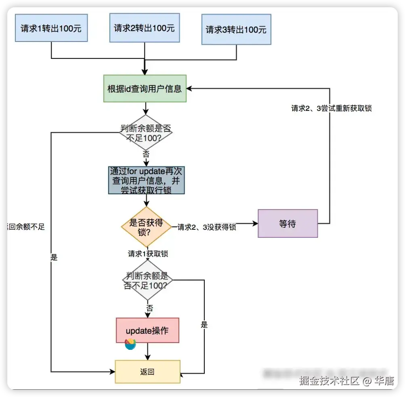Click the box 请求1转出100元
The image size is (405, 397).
pos(51,28)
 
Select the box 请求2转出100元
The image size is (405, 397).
pos(145,28)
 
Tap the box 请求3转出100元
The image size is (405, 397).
pos(236,30)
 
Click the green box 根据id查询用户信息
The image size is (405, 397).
pos(145,88)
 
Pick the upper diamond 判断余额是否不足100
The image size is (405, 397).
pos(145,133)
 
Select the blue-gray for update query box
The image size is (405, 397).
pos(147,180)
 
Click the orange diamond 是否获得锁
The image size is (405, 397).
pos(147,227)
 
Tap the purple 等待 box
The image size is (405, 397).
pos(287,224)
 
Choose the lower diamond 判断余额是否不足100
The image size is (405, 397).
pos(147,280)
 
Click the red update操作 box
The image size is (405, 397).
pos(147,330)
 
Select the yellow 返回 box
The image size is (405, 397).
pos(147,372)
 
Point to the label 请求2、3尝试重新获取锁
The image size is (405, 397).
pos(331,108)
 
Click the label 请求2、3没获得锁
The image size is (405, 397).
pos(207,227)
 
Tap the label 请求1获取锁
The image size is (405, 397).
pos(148,254)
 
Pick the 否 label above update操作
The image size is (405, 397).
pos(149,308)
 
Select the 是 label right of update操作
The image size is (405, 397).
pos(204,325)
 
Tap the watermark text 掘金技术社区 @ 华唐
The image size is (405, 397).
pos(346,381)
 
